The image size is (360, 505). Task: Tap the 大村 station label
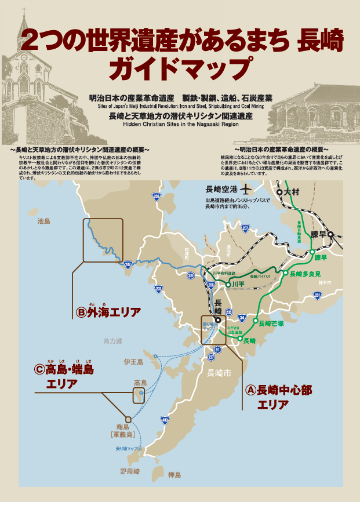pos(291,192)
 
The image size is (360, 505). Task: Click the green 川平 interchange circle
pos(227,284)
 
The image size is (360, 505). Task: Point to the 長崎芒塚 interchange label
pos(270,324)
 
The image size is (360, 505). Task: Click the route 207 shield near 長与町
pos(245,228)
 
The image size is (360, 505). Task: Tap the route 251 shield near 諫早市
pos(317,295)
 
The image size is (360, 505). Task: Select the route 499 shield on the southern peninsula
pos(165,420)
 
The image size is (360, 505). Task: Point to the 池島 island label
pos(44,221)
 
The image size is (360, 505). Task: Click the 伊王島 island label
pos(133,362)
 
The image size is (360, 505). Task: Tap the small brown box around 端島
pos(128,419)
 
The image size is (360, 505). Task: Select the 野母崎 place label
pos(130,471)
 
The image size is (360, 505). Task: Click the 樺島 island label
pos(174,475)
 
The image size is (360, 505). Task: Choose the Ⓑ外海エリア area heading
pos(108,313)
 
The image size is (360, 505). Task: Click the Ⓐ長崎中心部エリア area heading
pos(279,397)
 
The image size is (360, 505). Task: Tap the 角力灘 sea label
pos(112,342)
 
